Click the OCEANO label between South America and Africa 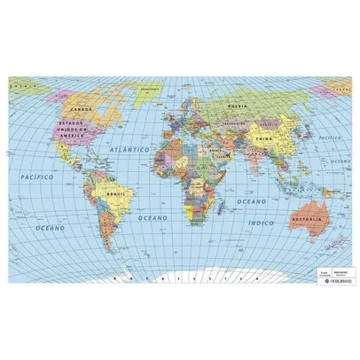[153, 217]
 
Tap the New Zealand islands [340, 241]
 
